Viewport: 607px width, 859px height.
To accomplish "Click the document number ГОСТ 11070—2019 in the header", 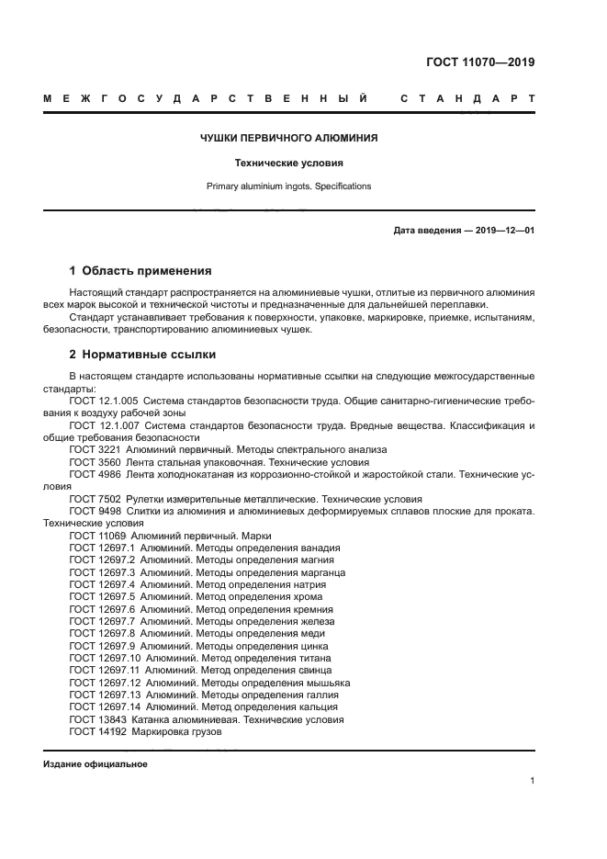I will [479, 63].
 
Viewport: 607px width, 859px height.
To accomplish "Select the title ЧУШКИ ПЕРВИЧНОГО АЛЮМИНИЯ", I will [289, 139].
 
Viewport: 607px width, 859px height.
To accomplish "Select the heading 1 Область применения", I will [141, 271].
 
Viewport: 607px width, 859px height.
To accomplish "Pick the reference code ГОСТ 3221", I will [95, 449].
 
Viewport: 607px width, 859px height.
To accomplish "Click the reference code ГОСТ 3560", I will [95, 461].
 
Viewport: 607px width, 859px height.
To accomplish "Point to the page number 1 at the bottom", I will [533, 781].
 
